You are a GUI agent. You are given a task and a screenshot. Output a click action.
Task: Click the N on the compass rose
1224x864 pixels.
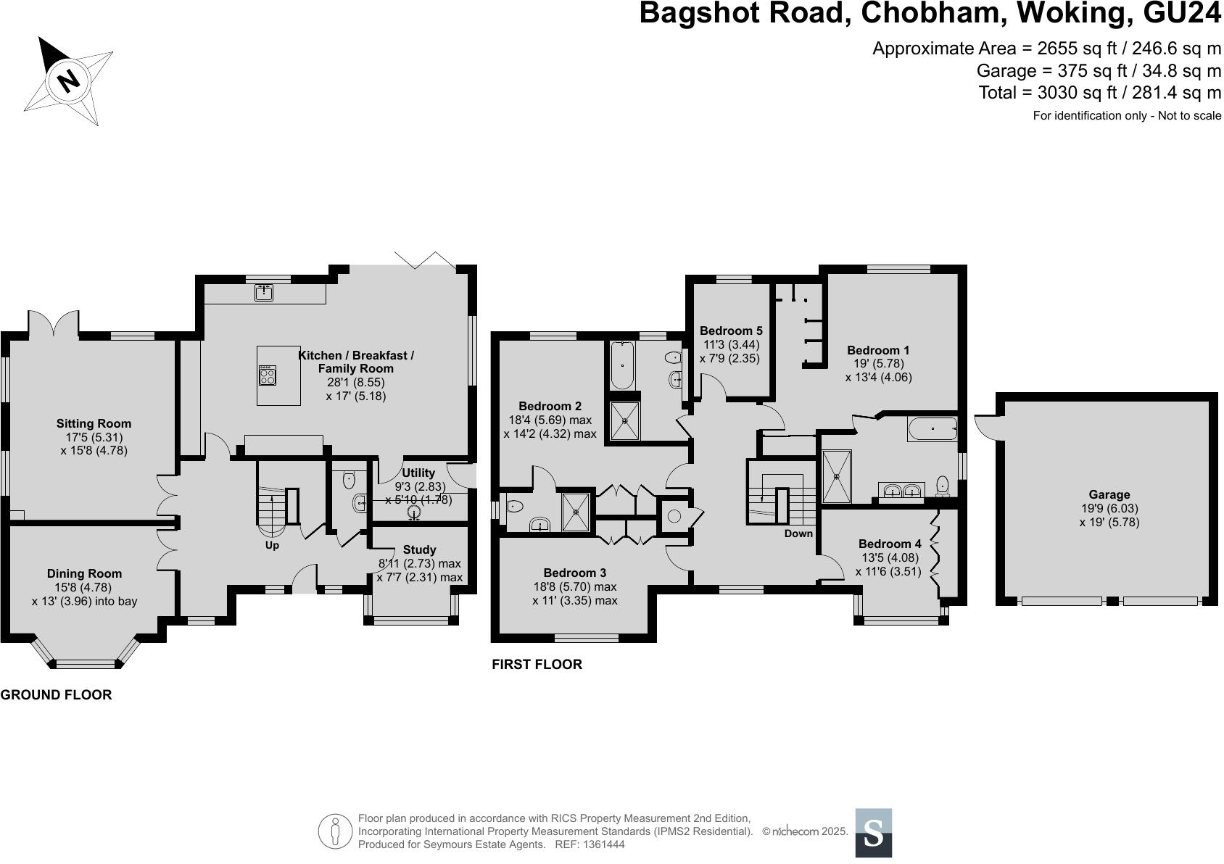(x=69, y=80)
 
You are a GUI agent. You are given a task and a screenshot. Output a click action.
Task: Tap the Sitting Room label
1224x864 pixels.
(x=94, y=423)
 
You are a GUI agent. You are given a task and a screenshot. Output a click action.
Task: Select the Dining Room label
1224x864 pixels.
(x=84, y=573)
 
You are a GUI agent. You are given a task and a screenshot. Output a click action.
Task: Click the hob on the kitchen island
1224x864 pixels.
(x=268, y=375)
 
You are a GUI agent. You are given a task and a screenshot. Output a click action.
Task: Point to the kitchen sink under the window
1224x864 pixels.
(x=263, y=292)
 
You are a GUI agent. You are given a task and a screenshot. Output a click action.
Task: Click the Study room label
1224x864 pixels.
(x=419, y=550)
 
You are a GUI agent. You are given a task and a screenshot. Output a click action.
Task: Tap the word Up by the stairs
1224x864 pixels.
(x=272, y=545)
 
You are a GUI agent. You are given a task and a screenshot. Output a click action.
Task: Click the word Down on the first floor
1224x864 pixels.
(x=798, y=533)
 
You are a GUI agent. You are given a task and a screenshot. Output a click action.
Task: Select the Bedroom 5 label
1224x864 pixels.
(x=731, y=331)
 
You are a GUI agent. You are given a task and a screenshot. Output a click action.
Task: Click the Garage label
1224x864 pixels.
(x=1109, y=495)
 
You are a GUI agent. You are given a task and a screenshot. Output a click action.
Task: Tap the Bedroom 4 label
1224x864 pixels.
(x=890, y=544)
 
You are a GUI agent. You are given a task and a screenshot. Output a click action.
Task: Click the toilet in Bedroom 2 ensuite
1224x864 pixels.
(x=514, y=506)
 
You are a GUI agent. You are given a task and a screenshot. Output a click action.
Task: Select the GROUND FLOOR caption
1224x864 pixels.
(x=56, y=695)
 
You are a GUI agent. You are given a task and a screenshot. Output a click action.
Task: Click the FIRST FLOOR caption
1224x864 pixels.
(x=537, y=665)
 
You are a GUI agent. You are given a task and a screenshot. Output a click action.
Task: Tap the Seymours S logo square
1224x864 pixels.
(x=874, y=833)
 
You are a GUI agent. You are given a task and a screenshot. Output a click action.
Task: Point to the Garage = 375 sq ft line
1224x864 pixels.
(x=1099, y=71)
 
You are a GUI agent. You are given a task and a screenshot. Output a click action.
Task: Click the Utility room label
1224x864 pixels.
(x=418, y=473)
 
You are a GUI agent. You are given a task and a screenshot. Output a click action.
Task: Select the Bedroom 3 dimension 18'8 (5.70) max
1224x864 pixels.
(x=574, y=586)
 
